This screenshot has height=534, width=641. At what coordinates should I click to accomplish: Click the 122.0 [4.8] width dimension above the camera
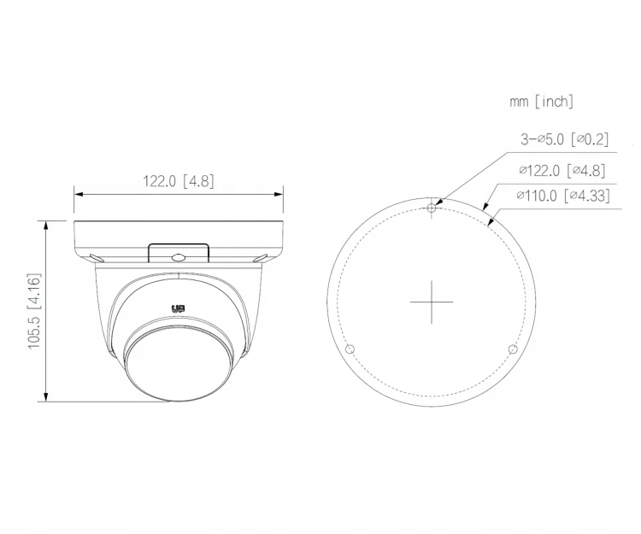pyautogui.click(x=179, y=181)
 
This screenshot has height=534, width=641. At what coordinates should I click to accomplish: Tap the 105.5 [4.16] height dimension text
pyautogui.click(x=34, y=311)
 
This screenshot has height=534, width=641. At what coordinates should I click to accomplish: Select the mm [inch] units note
pyautogui.click(x=541, y=102)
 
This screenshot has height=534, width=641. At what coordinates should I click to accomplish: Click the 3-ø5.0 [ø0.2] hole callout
pyautogui.click(x=564, y=139)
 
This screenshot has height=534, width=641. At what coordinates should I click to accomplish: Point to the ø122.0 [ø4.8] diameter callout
pyautogui.click(x=562, y=170)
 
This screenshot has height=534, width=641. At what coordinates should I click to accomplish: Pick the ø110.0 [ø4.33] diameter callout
pyautogui.click(x=563, y=196)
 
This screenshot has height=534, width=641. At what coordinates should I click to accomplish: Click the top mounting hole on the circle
pyautogui.click(x=432, y=208)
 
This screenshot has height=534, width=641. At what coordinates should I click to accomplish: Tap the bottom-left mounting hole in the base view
pyautogui.click(x=350, y=349)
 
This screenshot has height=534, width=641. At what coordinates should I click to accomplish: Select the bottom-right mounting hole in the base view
pyautogui.click(x=513, y=349)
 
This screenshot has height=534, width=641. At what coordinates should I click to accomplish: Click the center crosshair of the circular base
pyautogui.click(x=432, y=302)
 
